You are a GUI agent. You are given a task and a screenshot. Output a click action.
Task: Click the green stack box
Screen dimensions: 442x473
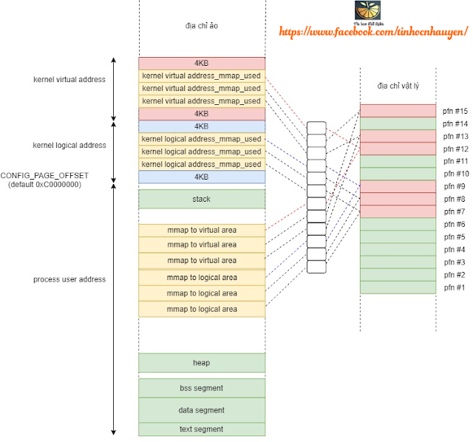pos(201,199)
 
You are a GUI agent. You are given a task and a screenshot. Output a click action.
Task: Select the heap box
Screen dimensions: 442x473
pos(201,362)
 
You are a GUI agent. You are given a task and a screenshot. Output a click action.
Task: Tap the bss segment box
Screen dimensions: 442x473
pos(201,388)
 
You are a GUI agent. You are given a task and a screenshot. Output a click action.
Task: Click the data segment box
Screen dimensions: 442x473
pos(201,409)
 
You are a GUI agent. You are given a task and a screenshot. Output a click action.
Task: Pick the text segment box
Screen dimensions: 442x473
pos(201,429)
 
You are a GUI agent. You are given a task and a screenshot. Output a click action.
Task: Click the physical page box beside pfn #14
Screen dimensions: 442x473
pos(398,123)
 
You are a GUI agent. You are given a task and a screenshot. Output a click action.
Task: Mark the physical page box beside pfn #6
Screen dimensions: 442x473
pos(398,224)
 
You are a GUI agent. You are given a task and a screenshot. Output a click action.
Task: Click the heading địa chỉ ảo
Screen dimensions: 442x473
pos(201,26)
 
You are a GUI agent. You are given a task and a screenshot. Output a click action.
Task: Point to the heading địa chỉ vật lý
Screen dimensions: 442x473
pos(398,86)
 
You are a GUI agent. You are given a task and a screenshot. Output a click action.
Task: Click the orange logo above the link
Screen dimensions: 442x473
pos(367,11)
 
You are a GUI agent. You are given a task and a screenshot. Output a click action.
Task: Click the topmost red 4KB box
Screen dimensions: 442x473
pos(201,64)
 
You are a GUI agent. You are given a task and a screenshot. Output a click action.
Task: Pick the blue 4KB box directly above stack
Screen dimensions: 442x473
pos(201,177)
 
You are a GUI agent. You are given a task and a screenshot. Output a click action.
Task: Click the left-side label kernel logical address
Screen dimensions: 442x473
pos(69,146)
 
